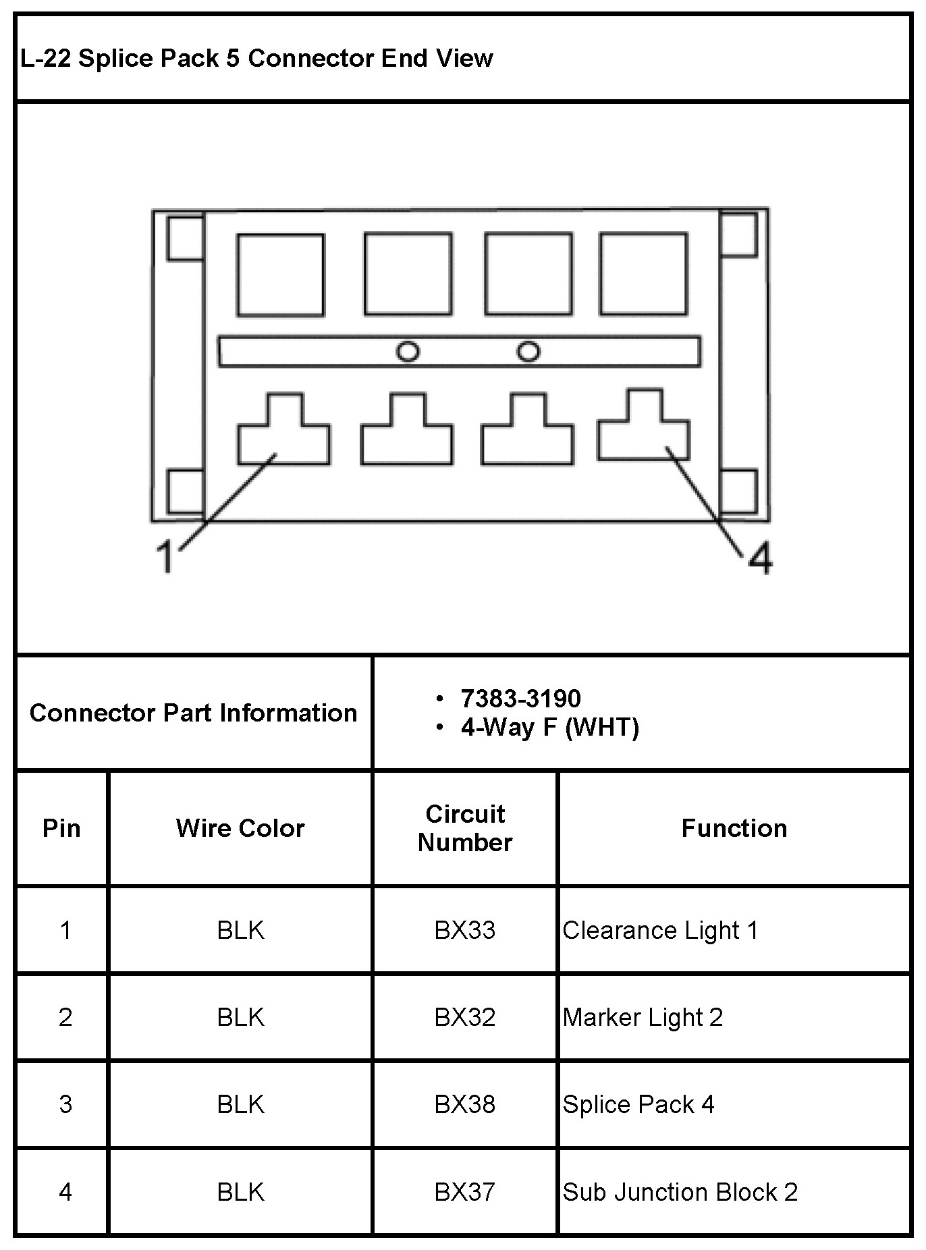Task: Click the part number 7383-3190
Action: click(520, 698)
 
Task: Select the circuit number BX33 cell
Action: click(464, 930)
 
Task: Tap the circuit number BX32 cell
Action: click(464, 1017)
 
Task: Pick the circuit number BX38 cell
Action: click(464, 1104)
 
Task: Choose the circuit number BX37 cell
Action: click(464, 1191)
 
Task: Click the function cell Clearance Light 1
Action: click(660, 930)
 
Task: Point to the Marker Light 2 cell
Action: click(643, 1017)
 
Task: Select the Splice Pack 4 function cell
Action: click(638, 1104)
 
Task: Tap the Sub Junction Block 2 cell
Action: click(680, 1191)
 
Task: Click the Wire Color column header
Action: click(240, 828)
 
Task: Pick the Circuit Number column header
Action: click(465, 828)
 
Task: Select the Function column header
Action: click(734, 828)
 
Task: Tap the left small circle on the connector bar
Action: click(408, 352)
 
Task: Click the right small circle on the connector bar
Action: click(528, 352)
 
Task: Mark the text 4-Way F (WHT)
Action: click(549, 728)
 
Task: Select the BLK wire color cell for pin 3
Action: click(240, 1104)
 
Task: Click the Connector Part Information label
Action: click(193, 713)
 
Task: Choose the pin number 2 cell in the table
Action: click(65, 1017)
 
